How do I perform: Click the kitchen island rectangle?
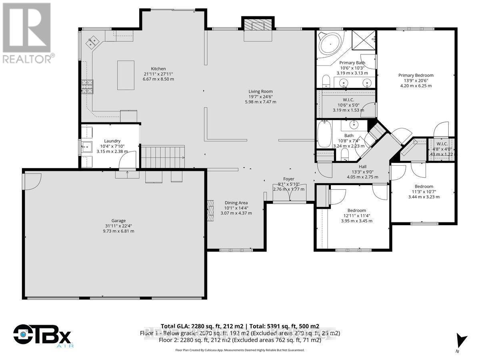[126, 75]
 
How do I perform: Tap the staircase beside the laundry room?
[164, 157]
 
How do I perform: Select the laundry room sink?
[86, 146]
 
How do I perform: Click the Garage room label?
[118, 220]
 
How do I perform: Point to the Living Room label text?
[260, 92]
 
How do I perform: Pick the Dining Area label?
[236, 203]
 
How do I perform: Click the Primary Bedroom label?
[416, 75]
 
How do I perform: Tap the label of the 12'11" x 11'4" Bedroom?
[356, 210]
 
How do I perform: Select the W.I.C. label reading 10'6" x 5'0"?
[349, 100]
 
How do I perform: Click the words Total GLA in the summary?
[175, 326]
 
